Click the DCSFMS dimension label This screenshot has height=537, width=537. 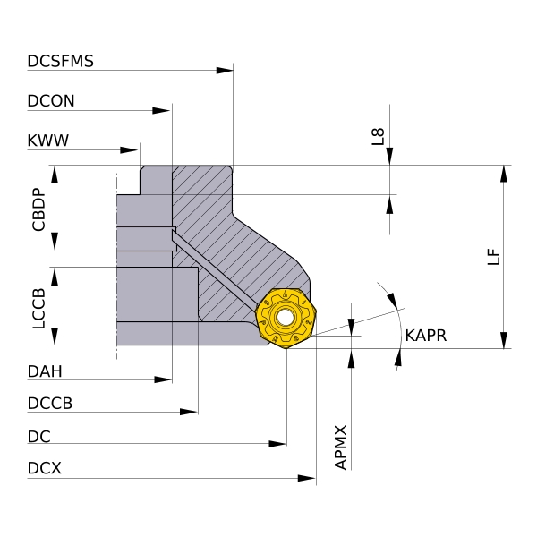61,62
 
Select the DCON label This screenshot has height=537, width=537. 51,101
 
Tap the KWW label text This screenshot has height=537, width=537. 48,141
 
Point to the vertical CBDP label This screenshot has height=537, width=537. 38,209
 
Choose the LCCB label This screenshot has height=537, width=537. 38,307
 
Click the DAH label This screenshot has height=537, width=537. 46,371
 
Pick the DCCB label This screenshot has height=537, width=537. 50,403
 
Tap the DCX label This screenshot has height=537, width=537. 45,468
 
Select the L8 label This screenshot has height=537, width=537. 379,137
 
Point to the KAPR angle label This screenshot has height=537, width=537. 425,336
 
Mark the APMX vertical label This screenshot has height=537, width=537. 340,447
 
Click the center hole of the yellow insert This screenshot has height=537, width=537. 286,317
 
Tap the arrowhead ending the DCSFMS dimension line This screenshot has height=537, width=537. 225,70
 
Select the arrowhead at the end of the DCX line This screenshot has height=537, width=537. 307,479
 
